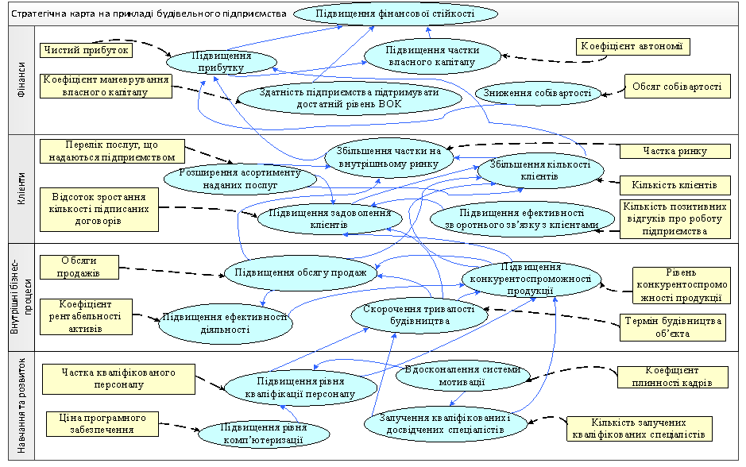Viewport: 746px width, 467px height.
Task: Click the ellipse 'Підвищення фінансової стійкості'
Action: pos(395,14)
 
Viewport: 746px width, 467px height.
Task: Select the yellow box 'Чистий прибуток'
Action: pos(84,50)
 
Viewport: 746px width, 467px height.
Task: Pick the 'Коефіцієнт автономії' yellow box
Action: pos(632,47)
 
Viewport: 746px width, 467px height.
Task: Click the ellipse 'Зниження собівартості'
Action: pos(538,94)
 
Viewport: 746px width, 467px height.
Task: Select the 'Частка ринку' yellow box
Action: pos(674,151)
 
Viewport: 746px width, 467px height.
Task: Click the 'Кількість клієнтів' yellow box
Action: pos(674,186)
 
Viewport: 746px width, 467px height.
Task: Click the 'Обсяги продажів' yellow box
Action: pos(79,268)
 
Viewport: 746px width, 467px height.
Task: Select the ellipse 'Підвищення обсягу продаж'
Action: pos(300,273)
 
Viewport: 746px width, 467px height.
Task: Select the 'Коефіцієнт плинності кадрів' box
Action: pos(674,376)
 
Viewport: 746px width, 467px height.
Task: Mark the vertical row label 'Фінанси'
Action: pos(21,79)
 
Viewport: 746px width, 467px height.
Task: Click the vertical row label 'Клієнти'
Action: pos(21,189)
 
